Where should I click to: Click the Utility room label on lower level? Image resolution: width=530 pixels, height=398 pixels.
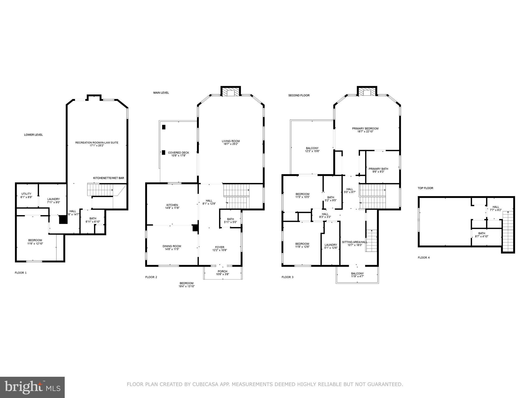click(26, 194)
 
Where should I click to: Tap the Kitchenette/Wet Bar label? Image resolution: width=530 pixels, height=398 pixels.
click(108, 178)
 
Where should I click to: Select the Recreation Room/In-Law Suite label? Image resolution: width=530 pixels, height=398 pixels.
click(97, 143)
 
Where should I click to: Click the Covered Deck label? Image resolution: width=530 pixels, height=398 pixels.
click(178, 153)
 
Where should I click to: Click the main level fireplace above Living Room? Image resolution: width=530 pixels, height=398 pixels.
click(231, 93)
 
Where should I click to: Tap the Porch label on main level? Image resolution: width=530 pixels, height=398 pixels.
click(222, 271)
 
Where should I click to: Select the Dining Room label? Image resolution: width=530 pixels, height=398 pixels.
click(172, 246)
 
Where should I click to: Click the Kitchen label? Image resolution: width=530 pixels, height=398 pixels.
click(172, 205)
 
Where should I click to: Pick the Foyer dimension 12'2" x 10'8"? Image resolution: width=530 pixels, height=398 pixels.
click(220, 250)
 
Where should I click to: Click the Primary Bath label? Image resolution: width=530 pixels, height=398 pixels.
click(378, 169)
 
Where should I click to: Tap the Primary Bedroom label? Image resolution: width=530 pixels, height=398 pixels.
click(365, 128)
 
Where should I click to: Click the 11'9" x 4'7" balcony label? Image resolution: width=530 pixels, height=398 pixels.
click(357, 276)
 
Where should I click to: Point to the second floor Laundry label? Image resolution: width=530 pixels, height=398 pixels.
click(330, 245)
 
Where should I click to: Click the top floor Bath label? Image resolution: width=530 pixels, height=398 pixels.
click(482, 233)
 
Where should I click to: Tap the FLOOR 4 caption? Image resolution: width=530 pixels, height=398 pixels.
click(423, 258)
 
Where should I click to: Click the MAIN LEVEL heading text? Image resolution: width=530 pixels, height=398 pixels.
click(161, 93)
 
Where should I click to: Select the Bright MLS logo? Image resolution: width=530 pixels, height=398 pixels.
click(32, 387)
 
